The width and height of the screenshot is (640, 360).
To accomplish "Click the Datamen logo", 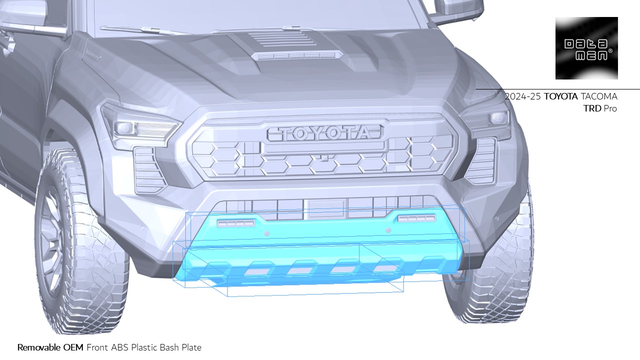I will pos(586,48).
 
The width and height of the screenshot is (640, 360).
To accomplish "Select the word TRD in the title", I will pos(592,108).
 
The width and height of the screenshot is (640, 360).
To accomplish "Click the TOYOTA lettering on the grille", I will pos(326,133).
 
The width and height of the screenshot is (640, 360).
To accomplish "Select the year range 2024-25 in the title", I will pos(522,96).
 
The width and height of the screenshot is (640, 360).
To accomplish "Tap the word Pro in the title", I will pos(610,108).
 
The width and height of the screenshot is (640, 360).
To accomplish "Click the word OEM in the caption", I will pos(73,347).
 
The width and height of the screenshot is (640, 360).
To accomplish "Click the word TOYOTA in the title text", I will pos(560,96).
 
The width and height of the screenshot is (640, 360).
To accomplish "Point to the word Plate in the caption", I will pos(191,347).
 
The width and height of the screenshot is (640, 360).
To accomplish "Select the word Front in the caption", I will pos(97,347).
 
